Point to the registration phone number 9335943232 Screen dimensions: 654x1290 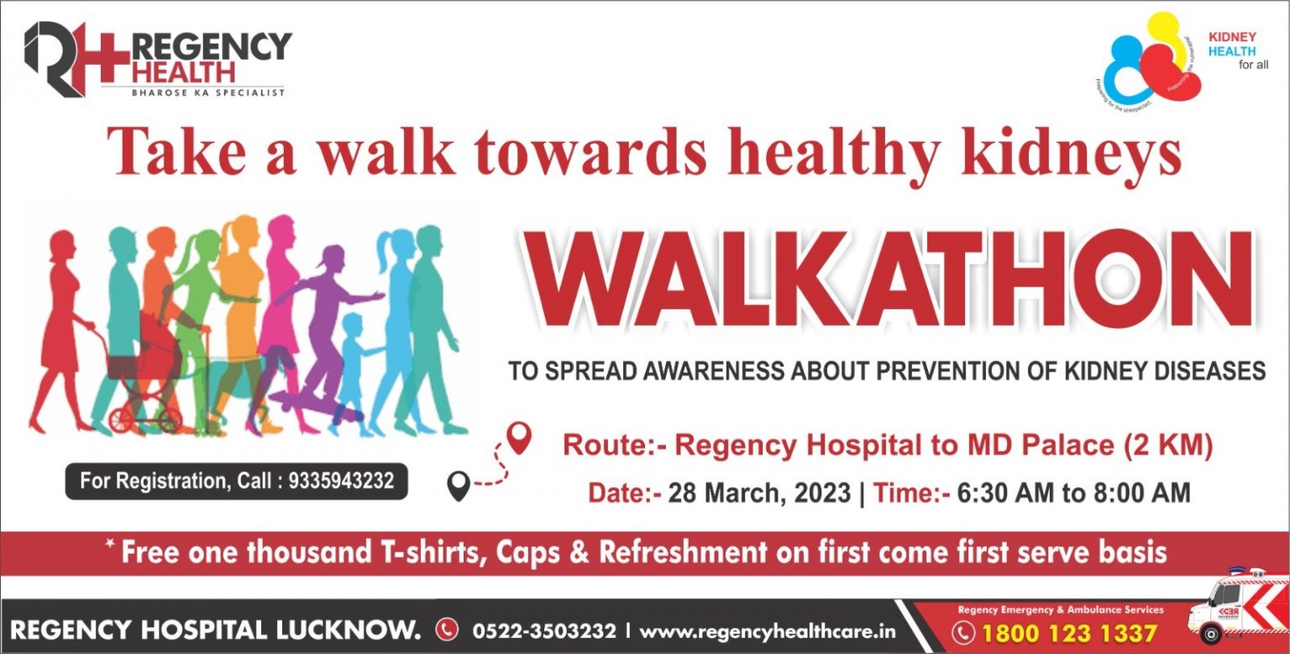tap(341, 482)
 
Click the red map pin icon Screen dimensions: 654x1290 tap(521, 437)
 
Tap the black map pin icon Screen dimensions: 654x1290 tap(458, 485)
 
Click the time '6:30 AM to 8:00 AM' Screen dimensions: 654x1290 tap(1073, 493)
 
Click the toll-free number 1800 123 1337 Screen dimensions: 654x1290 tap(1068, 633)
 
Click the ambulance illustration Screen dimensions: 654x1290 tap(1235, 605)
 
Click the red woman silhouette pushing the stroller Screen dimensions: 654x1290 tap(64, 319)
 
